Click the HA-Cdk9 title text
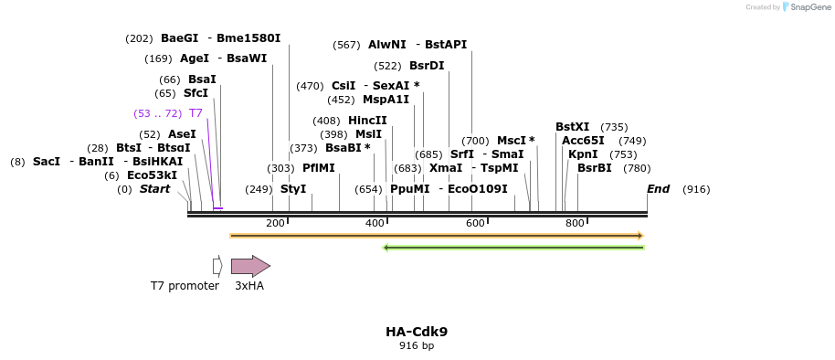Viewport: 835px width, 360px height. tap(417, 332)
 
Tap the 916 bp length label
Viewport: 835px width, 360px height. tap(417, 346)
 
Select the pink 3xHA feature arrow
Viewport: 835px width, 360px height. tap(249, 266)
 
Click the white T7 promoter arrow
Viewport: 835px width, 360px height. tap(217, 266)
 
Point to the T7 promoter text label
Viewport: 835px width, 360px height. tap(185, 286)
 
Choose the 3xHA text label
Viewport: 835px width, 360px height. tap(249, 286)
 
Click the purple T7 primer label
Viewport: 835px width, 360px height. tap(196, 113)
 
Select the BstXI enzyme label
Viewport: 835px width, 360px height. tap(573, 127)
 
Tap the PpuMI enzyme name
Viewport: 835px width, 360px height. tap(409, 189)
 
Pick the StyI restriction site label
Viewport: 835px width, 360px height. tap(293, 189)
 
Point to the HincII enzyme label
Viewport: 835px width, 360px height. tap(367, 121)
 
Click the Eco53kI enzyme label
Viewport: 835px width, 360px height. tap(152, 175)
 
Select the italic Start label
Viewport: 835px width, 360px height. tap(154, 189)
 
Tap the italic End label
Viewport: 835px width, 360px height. tap(658, 189)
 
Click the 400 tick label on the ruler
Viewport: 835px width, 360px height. tap(375, 224)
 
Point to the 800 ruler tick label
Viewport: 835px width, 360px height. tap(575, 224)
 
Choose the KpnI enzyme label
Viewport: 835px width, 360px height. tap(583, 154)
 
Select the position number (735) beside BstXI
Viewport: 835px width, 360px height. tap(614, 127)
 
